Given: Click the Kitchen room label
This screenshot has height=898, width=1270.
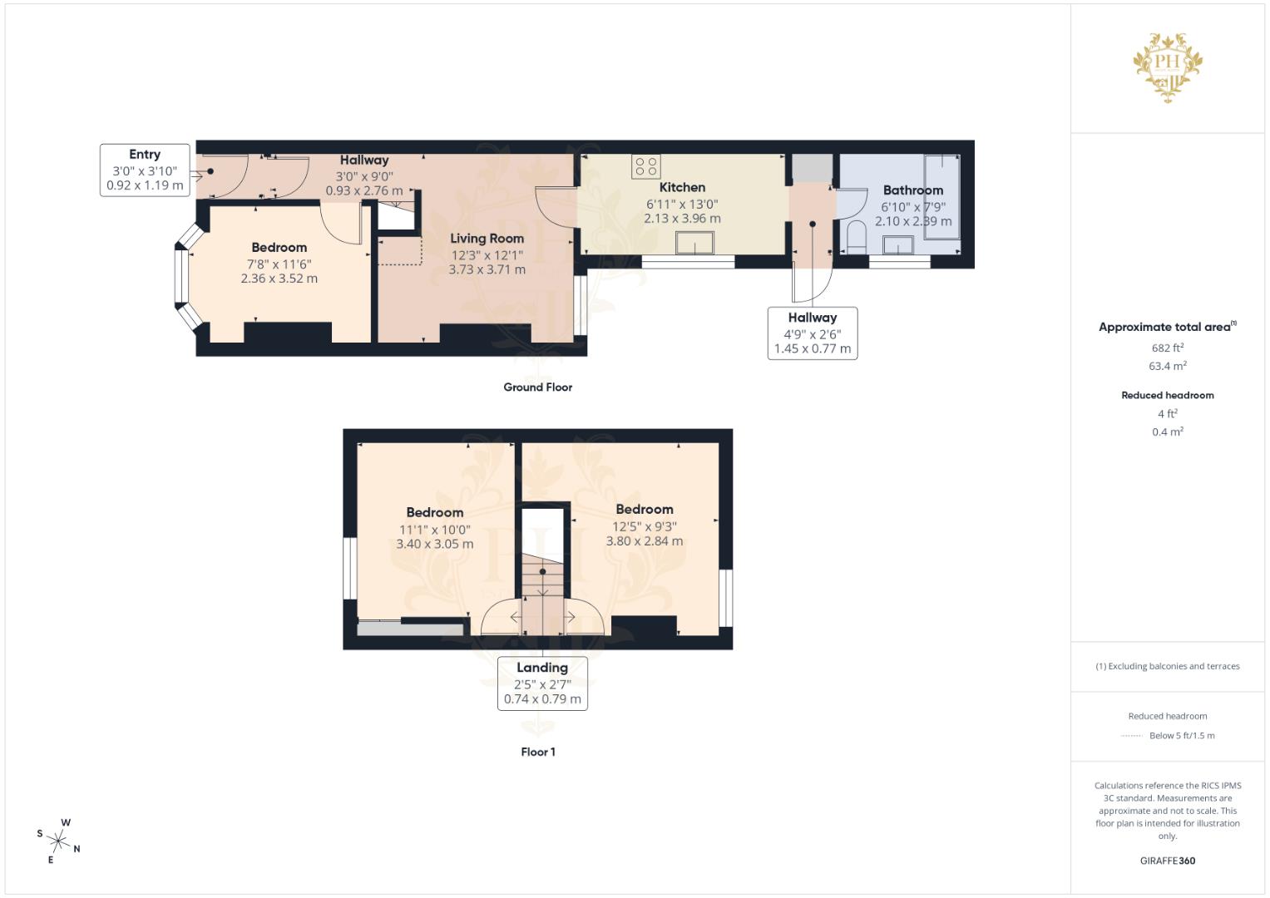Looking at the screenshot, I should pyautogui.click(x=682, y=188).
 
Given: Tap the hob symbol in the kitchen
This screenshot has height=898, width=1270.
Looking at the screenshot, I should pyautogui.click(x=646, y=166).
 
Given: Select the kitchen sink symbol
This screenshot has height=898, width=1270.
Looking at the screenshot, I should pyautogui.click(x=694, y=244).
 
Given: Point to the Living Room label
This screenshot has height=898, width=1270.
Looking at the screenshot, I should pyautogui.click(x=487, y=239).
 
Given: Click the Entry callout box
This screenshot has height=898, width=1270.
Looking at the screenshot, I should pyautogui.click(x=145, y=170).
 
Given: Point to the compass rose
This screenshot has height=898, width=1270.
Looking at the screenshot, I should pyautogui.click(x=58, y=841).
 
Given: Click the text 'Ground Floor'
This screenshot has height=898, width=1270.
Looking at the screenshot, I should pyautogui.click(x=537, y=387).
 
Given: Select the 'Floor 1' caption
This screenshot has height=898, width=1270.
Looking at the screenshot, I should pyautogui.click(x=538, y=752).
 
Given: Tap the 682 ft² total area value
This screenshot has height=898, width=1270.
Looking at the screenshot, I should pyautogui.click(x=1167, y=348).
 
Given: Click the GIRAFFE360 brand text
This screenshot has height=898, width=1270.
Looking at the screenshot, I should pyautogui.click(x=1167, y=861).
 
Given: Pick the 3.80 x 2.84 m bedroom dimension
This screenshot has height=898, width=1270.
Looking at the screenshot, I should pyautogui.click(x=644, y=541).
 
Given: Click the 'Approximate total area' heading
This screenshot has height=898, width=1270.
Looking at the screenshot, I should pyautogui.click(x=1166, y=328).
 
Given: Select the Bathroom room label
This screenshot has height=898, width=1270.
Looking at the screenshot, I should pyautogui.click(x=912, y=190).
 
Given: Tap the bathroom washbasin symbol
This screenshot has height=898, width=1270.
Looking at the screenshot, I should pyautogui.click(x=898, y=245).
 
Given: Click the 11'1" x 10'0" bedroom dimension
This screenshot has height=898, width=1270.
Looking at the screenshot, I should pyautogui.click(x=434, y=530).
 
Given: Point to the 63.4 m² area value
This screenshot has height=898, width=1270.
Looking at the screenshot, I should pyautogui.click(x=1167, y=366).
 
